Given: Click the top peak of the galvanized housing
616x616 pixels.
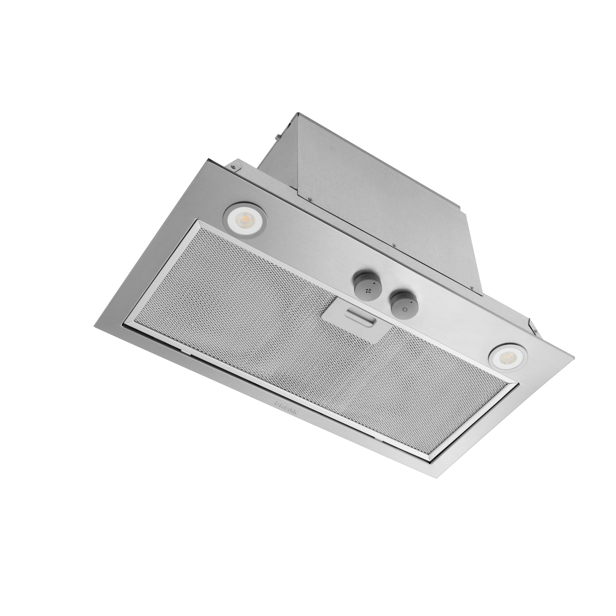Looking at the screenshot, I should (x=298, y=113).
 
